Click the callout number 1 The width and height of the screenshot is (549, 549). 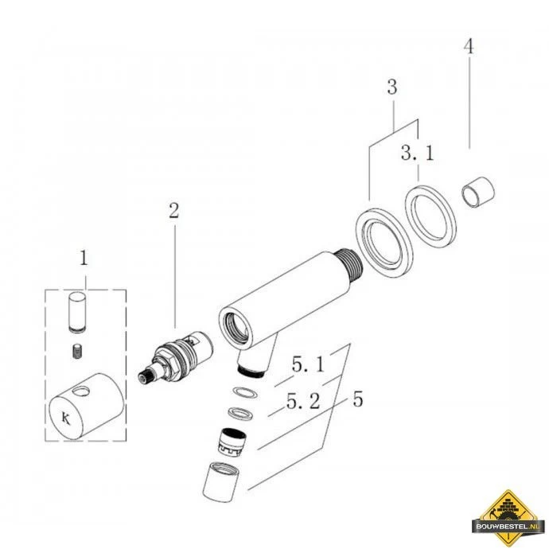click(84, 259)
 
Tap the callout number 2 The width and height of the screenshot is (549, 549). click(173, 211)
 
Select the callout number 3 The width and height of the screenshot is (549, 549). click(392, 87)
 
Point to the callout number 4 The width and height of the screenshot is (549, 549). click(469, 46)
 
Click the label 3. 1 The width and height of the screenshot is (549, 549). click(418, 153)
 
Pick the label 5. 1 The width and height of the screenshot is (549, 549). click(308, 365)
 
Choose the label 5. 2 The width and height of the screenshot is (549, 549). click(303, 401)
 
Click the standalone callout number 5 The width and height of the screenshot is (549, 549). click(357, 399)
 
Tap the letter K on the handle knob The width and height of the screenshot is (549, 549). click(66, 418)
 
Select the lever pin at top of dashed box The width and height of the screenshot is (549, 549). click(77, 313)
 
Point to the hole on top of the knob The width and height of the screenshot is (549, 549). click(83, 391)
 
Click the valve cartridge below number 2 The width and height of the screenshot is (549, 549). click(175, 358)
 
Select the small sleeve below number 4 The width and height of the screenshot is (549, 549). click(478, 192)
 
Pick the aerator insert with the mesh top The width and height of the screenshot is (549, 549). click(231, 442)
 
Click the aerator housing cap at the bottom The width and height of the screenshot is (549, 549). click(221, 482)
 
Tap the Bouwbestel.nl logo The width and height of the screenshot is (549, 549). click(508, 517)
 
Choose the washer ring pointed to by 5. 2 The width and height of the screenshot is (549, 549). click(239, 413)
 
